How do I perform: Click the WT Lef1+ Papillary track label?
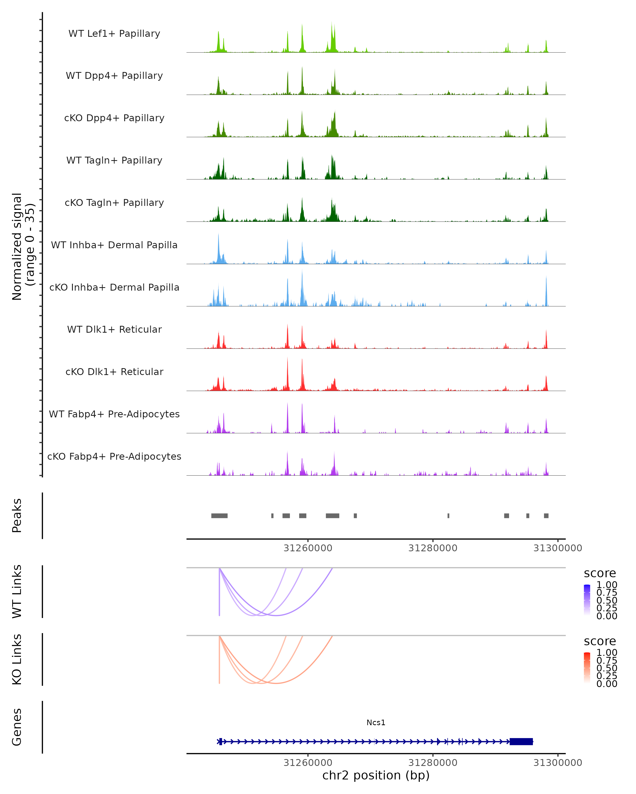114,34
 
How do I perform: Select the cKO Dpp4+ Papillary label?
114,118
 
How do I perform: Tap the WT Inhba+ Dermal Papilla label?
114,245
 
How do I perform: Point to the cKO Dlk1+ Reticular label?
114,372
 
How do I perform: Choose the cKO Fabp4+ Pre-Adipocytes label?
114,457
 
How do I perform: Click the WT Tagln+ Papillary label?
114,161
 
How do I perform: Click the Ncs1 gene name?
376,723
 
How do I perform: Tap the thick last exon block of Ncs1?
521,742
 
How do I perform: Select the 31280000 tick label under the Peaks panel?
432,548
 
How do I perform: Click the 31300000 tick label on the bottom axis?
558,763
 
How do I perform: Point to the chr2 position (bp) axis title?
376,775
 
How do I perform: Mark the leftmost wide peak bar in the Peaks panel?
219,516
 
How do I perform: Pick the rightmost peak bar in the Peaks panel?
546,516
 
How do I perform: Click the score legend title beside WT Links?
599,574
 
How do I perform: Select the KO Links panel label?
17,660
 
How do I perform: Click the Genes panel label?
17,727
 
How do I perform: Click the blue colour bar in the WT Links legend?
587,599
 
